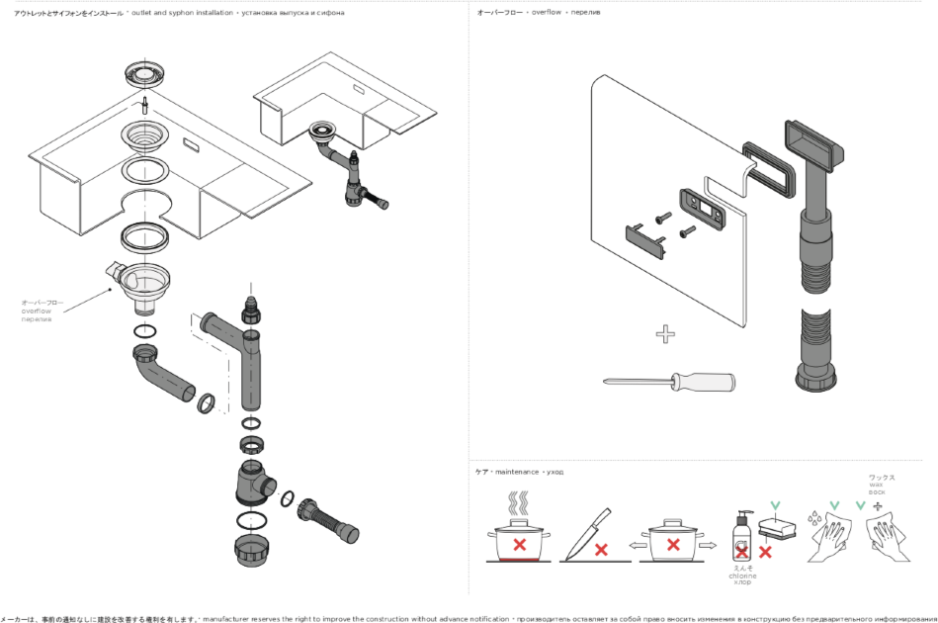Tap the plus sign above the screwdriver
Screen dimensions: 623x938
pyautogui.click(x=665, y=334)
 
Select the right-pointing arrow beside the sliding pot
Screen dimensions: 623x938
pyautogui.click(x=707, y=544)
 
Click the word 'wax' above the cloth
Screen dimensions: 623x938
pyautogui.click(x=876, y=484)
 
